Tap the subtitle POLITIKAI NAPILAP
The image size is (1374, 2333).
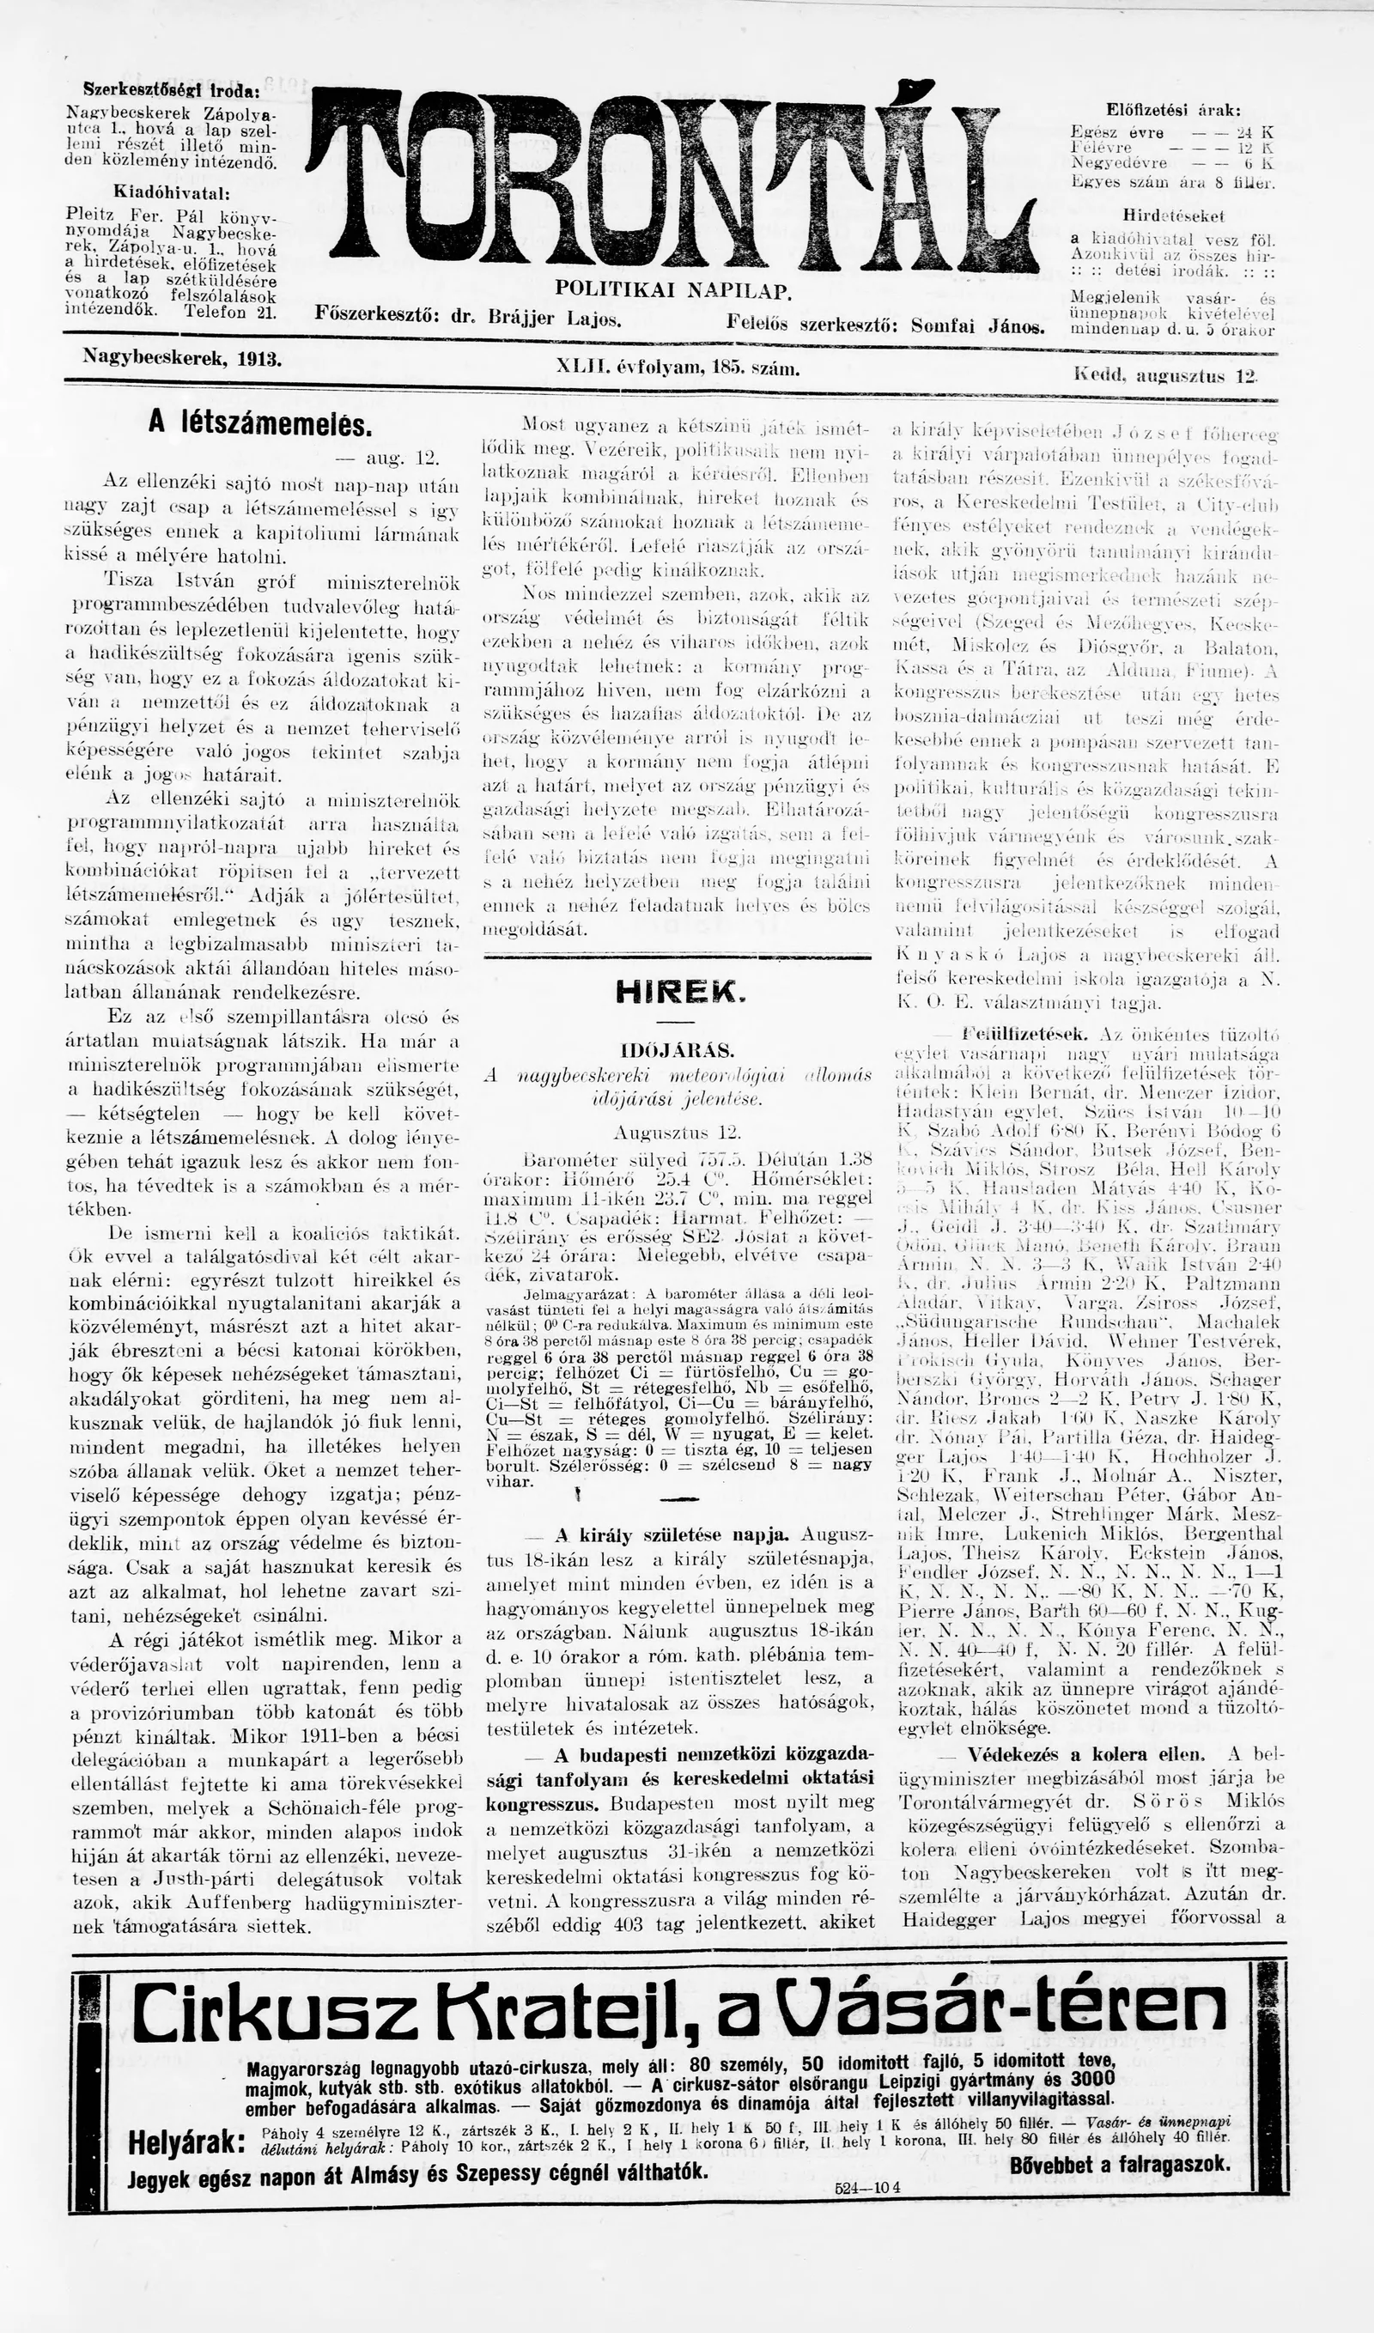pyautogui.click(x=674, y=291)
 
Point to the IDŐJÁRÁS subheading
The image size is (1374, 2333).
pyautogui.click(x=677, y=1051)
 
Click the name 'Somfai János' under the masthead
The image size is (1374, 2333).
pyautogui.click(x=978, y=327)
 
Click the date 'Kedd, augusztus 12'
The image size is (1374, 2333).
pyautogui.click(x=1165, y=376)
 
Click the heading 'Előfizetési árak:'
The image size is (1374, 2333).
pyautogui.click(x=1173, y=110)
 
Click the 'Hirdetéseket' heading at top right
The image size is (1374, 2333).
pyautogui.click(x=1173, y=216)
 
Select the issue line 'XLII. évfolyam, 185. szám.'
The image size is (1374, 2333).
pyautogui.click(x=678, y=368)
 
